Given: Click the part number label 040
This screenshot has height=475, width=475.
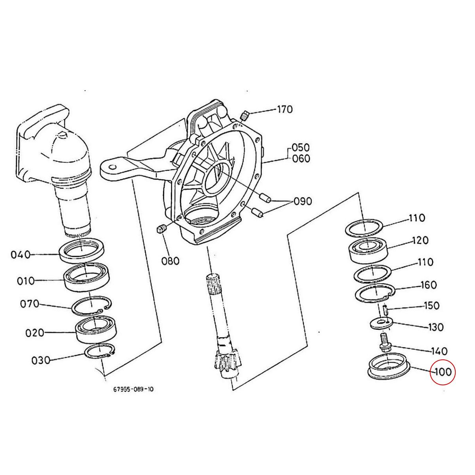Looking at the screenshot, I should tap(21, 254).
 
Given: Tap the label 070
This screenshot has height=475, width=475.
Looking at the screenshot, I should tap(30, 304).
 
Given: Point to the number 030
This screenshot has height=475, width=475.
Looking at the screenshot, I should tap(41, 360).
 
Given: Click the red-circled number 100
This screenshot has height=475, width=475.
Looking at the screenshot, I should tap(443, 372).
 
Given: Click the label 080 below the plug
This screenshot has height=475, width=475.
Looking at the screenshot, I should tap(170, 261).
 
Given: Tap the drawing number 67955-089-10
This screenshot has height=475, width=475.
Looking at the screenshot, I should tap(133, 389).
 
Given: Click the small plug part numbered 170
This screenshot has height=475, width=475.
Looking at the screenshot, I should tap(245, 115).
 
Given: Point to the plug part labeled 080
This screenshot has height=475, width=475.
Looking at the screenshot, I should tap(160, 229).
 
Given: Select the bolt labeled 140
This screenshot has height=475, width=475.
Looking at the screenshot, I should tap(384, 342).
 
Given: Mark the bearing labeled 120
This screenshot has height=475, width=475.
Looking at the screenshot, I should tap(367, 249).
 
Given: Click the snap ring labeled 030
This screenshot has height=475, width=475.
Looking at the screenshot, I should tap(101, 351).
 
